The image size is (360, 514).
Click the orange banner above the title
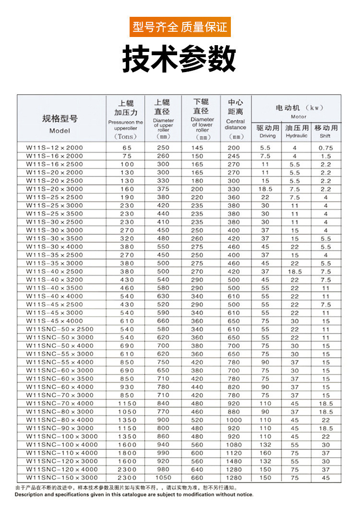click(180, 26)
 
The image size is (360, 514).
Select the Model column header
click(60, 124)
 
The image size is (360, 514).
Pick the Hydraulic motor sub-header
click(296, 131)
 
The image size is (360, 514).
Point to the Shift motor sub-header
click(326, 131)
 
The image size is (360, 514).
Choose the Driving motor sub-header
click(267, 131)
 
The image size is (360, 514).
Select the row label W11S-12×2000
click(54, 148)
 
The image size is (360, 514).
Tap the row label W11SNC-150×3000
click(62, 477)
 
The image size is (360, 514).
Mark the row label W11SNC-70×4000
click(60, 404)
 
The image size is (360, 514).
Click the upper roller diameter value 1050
click(163, 477)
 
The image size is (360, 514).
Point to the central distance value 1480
click(234, 461)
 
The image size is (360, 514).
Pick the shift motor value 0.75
click(326, 148)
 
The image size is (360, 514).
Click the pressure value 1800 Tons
click(127, 453)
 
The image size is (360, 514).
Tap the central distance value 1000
click(234, 420)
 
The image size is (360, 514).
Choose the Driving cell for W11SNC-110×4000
click(265, 453)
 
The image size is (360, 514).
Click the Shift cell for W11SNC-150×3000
click(326, 477)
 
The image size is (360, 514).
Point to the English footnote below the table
click(134, 494)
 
